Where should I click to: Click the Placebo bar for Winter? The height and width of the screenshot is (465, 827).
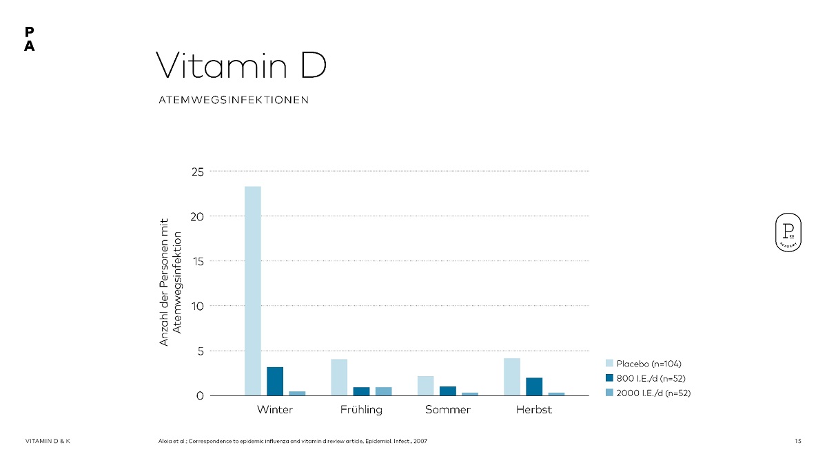253,291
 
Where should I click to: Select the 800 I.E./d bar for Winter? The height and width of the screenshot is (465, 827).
275,381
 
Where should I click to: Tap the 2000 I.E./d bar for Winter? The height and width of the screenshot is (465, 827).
297,393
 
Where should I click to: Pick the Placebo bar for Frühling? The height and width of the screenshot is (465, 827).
339,377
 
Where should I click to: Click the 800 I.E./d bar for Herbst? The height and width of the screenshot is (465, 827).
534,386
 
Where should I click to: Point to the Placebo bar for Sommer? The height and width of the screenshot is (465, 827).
426,386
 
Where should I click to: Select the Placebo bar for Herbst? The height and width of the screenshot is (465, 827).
512,377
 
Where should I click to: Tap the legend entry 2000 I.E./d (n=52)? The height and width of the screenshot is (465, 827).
647,393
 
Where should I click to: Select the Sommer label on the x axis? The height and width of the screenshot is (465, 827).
448,410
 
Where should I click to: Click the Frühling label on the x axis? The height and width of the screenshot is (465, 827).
361,410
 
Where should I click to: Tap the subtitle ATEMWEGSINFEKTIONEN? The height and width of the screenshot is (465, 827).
234,100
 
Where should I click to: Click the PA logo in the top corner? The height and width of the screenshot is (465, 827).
29,39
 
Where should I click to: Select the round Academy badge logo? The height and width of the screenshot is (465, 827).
787,233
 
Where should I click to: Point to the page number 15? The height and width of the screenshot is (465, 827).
797,441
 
